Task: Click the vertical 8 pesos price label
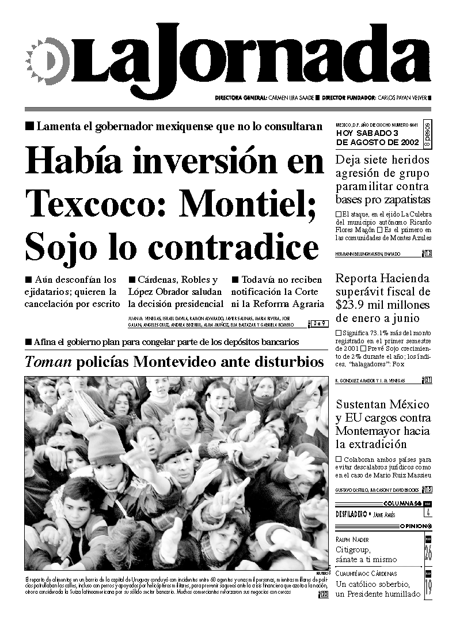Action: [x=427, y=136]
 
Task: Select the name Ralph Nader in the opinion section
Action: [x=353, y=540]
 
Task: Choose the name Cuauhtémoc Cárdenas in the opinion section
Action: [x=366, y=574]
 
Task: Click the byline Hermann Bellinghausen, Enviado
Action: [x=368, y=254]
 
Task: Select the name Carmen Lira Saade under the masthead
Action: [x=292, y=98]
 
